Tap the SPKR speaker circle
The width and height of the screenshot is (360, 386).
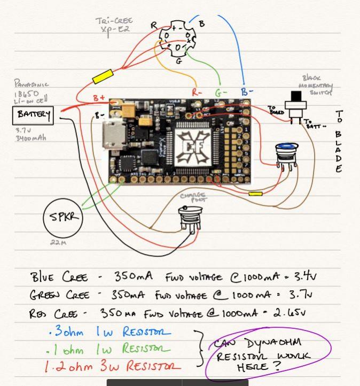pos(64,218)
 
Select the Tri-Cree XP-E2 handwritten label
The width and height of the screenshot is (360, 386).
pos(114,25)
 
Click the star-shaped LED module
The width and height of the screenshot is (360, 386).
pos(176,38)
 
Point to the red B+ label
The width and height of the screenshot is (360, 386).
pos(100,98)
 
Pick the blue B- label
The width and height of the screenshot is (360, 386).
pos(247,92)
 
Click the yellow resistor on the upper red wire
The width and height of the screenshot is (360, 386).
pos(102,77)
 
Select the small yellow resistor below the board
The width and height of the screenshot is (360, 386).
pos(255,194)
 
